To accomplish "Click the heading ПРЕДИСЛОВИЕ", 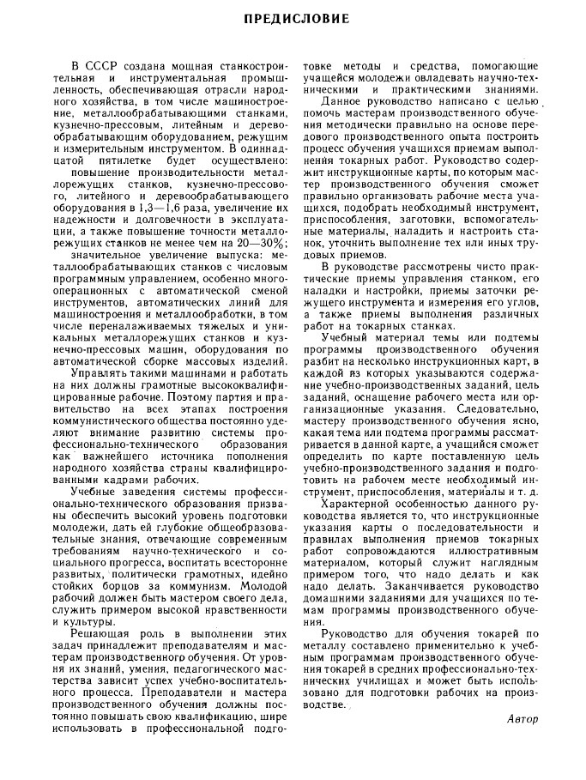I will coord(293,18).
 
